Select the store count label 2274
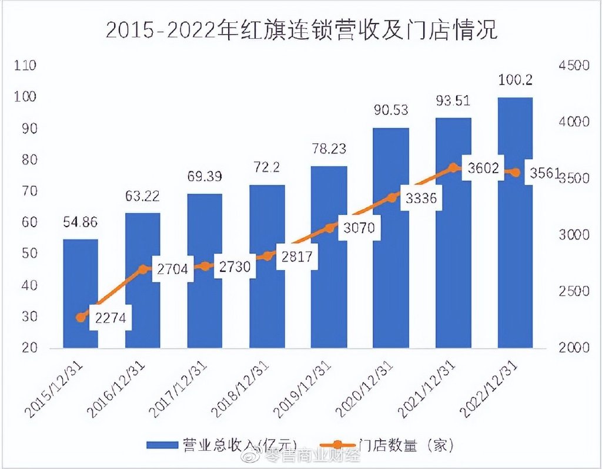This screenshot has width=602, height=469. (x=110, y=320)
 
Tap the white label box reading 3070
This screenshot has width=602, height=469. (x=360, y=227)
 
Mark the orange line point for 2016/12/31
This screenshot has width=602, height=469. (x=143, y=269)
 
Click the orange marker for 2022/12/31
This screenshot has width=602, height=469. (x=516, y=173)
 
